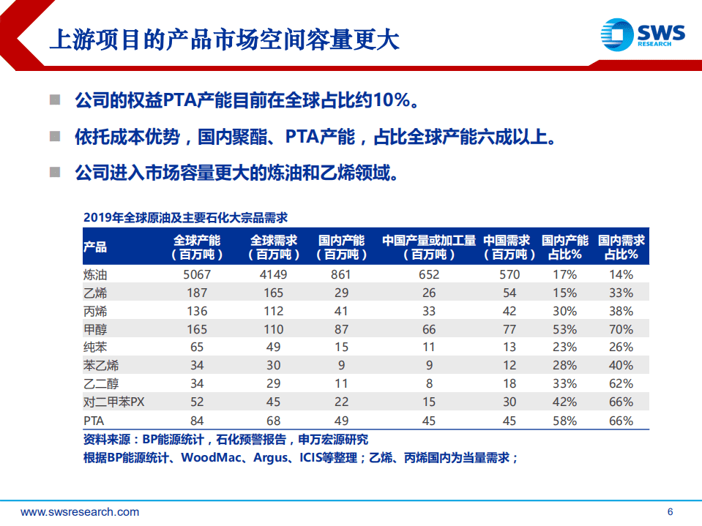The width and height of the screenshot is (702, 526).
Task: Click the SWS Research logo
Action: (x=642, y=35)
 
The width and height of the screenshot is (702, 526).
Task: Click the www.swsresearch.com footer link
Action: (x=80, y=511)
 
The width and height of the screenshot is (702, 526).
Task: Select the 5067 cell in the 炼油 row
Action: (x=197, y=274)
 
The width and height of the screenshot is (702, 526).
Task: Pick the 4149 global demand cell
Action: (x=275, y=274)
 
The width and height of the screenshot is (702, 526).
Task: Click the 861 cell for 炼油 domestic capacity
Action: (x=340, y=274)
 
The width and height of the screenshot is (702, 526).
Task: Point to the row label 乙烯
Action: (x=95, y=293)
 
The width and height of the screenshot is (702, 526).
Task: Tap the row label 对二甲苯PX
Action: (x=115, y=402)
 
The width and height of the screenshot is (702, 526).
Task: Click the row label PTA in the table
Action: (x=94, y=421)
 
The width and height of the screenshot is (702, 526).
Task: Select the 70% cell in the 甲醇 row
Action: (x=621, y=329)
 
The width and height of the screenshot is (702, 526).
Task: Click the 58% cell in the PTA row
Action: (x=564, y=421)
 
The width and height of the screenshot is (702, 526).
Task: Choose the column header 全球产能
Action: (x=197, y=247)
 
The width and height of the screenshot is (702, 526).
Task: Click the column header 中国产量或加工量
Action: (x=429, y=241)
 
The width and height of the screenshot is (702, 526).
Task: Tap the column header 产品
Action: (x=95, y=247)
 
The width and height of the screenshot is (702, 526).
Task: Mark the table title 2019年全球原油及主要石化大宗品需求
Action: (x=185, y=217)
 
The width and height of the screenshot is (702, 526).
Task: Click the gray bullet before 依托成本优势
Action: (x=55, y=137)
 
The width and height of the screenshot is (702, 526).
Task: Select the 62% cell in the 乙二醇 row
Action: (x=621, y=384)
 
